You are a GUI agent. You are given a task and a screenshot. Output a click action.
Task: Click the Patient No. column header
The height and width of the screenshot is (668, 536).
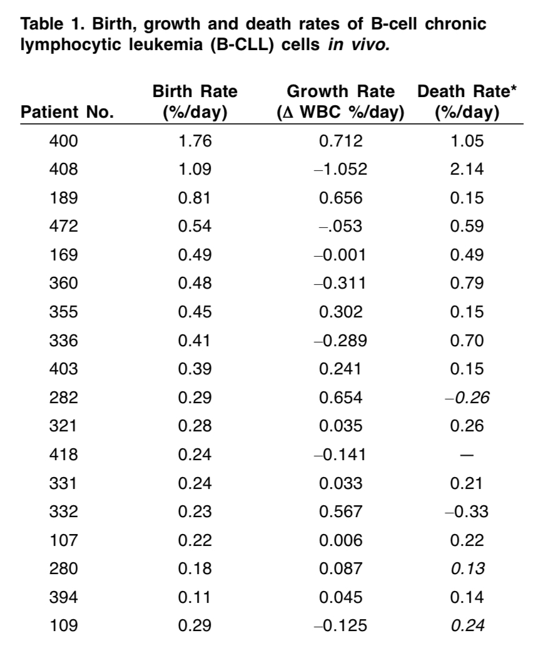[x=68, y=112]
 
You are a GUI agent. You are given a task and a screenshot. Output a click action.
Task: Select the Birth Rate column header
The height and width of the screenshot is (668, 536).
[x=195, y=101]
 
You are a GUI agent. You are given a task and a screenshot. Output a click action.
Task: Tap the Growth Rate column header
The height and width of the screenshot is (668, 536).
[x=341, y=101]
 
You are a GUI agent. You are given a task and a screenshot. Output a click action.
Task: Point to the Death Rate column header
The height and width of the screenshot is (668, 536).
[x=467, y=101]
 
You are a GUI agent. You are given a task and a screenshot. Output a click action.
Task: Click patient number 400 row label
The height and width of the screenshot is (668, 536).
[x=63, y=141]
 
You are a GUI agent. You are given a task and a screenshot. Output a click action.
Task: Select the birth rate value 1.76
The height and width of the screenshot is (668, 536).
[x=195, y=141]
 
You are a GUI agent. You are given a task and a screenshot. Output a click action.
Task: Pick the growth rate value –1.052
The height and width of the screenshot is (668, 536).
[x=341, y=170]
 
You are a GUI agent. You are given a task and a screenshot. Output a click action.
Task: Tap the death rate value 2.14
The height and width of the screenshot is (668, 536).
[x=467, y=170]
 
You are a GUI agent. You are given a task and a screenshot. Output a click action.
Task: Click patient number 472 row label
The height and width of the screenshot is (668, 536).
[x=63, y=226]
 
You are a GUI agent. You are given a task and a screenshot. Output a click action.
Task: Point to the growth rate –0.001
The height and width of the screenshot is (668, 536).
[x=340, y=255]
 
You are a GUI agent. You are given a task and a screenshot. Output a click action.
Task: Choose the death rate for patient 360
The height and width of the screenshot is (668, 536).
[x=467, y=284]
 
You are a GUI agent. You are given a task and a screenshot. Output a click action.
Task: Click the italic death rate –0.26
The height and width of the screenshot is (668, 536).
[x=467, y=398]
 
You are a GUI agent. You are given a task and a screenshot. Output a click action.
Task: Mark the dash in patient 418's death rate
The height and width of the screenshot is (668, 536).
[x=467, y=455]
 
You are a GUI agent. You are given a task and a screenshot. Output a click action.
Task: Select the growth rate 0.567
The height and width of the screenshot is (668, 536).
[x=341, y=511]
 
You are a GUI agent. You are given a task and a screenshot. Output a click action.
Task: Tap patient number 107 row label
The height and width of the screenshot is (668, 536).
[x=63, y=540]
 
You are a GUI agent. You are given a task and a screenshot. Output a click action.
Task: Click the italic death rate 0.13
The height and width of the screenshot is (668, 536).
[x=467, y=568]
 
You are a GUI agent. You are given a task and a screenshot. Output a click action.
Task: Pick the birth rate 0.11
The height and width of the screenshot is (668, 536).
[x=194, y=597]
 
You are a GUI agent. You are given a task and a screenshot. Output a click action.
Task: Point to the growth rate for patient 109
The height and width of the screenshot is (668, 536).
[x=341, y=626]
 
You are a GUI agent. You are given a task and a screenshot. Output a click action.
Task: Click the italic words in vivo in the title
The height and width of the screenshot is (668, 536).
[x=359, y=44]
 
